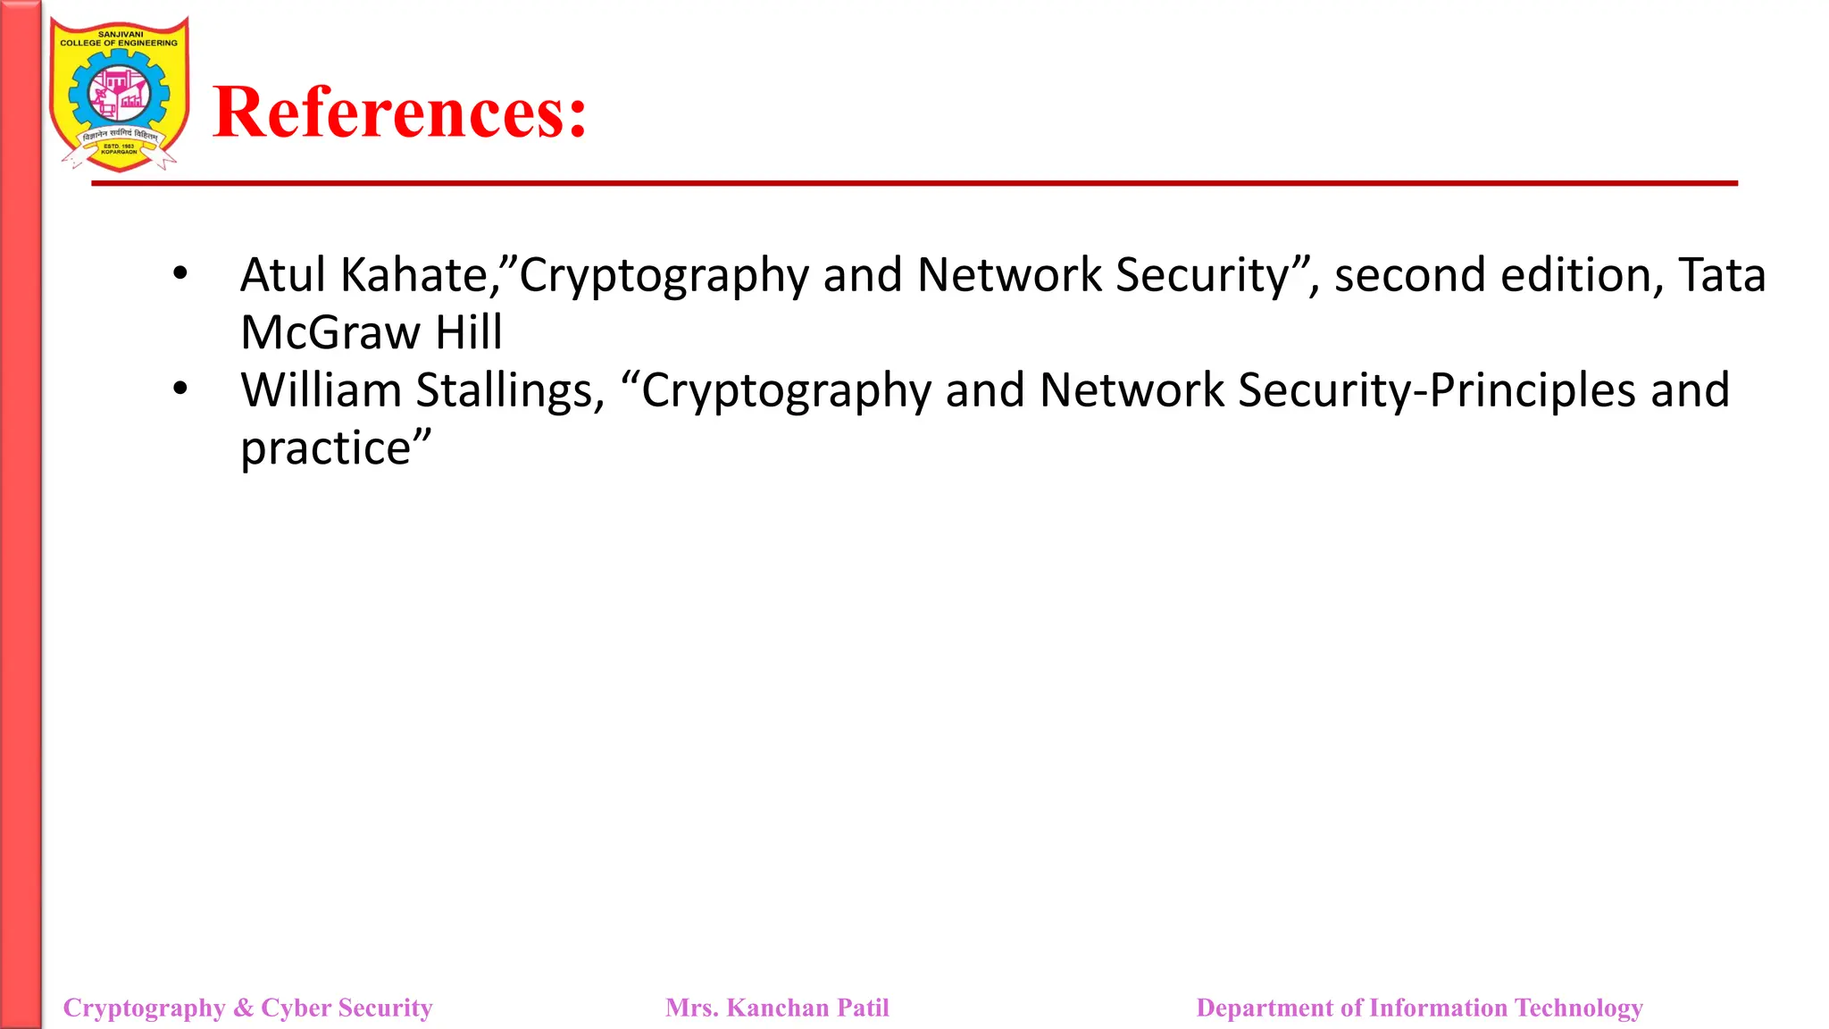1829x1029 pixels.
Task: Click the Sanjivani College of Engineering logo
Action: click(x=119, y=95)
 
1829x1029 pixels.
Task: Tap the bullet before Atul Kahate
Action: click(x=180, y=273)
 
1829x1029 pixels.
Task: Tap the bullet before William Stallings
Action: click(x=180, y=389)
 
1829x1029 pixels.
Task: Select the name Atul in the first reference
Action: click(x=283, y=275)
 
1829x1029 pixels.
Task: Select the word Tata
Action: click(x=1722, y=275)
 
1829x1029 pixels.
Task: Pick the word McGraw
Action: click(x=330, y=333)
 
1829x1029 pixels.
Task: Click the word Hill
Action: click(x=468, y=333)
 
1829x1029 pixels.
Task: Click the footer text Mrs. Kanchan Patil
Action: click(x=777, y=1008)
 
